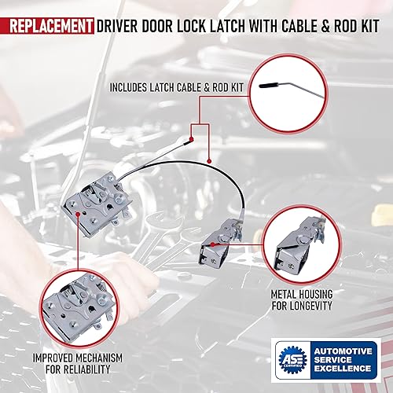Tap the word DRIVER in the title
[x=119, y=27]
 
